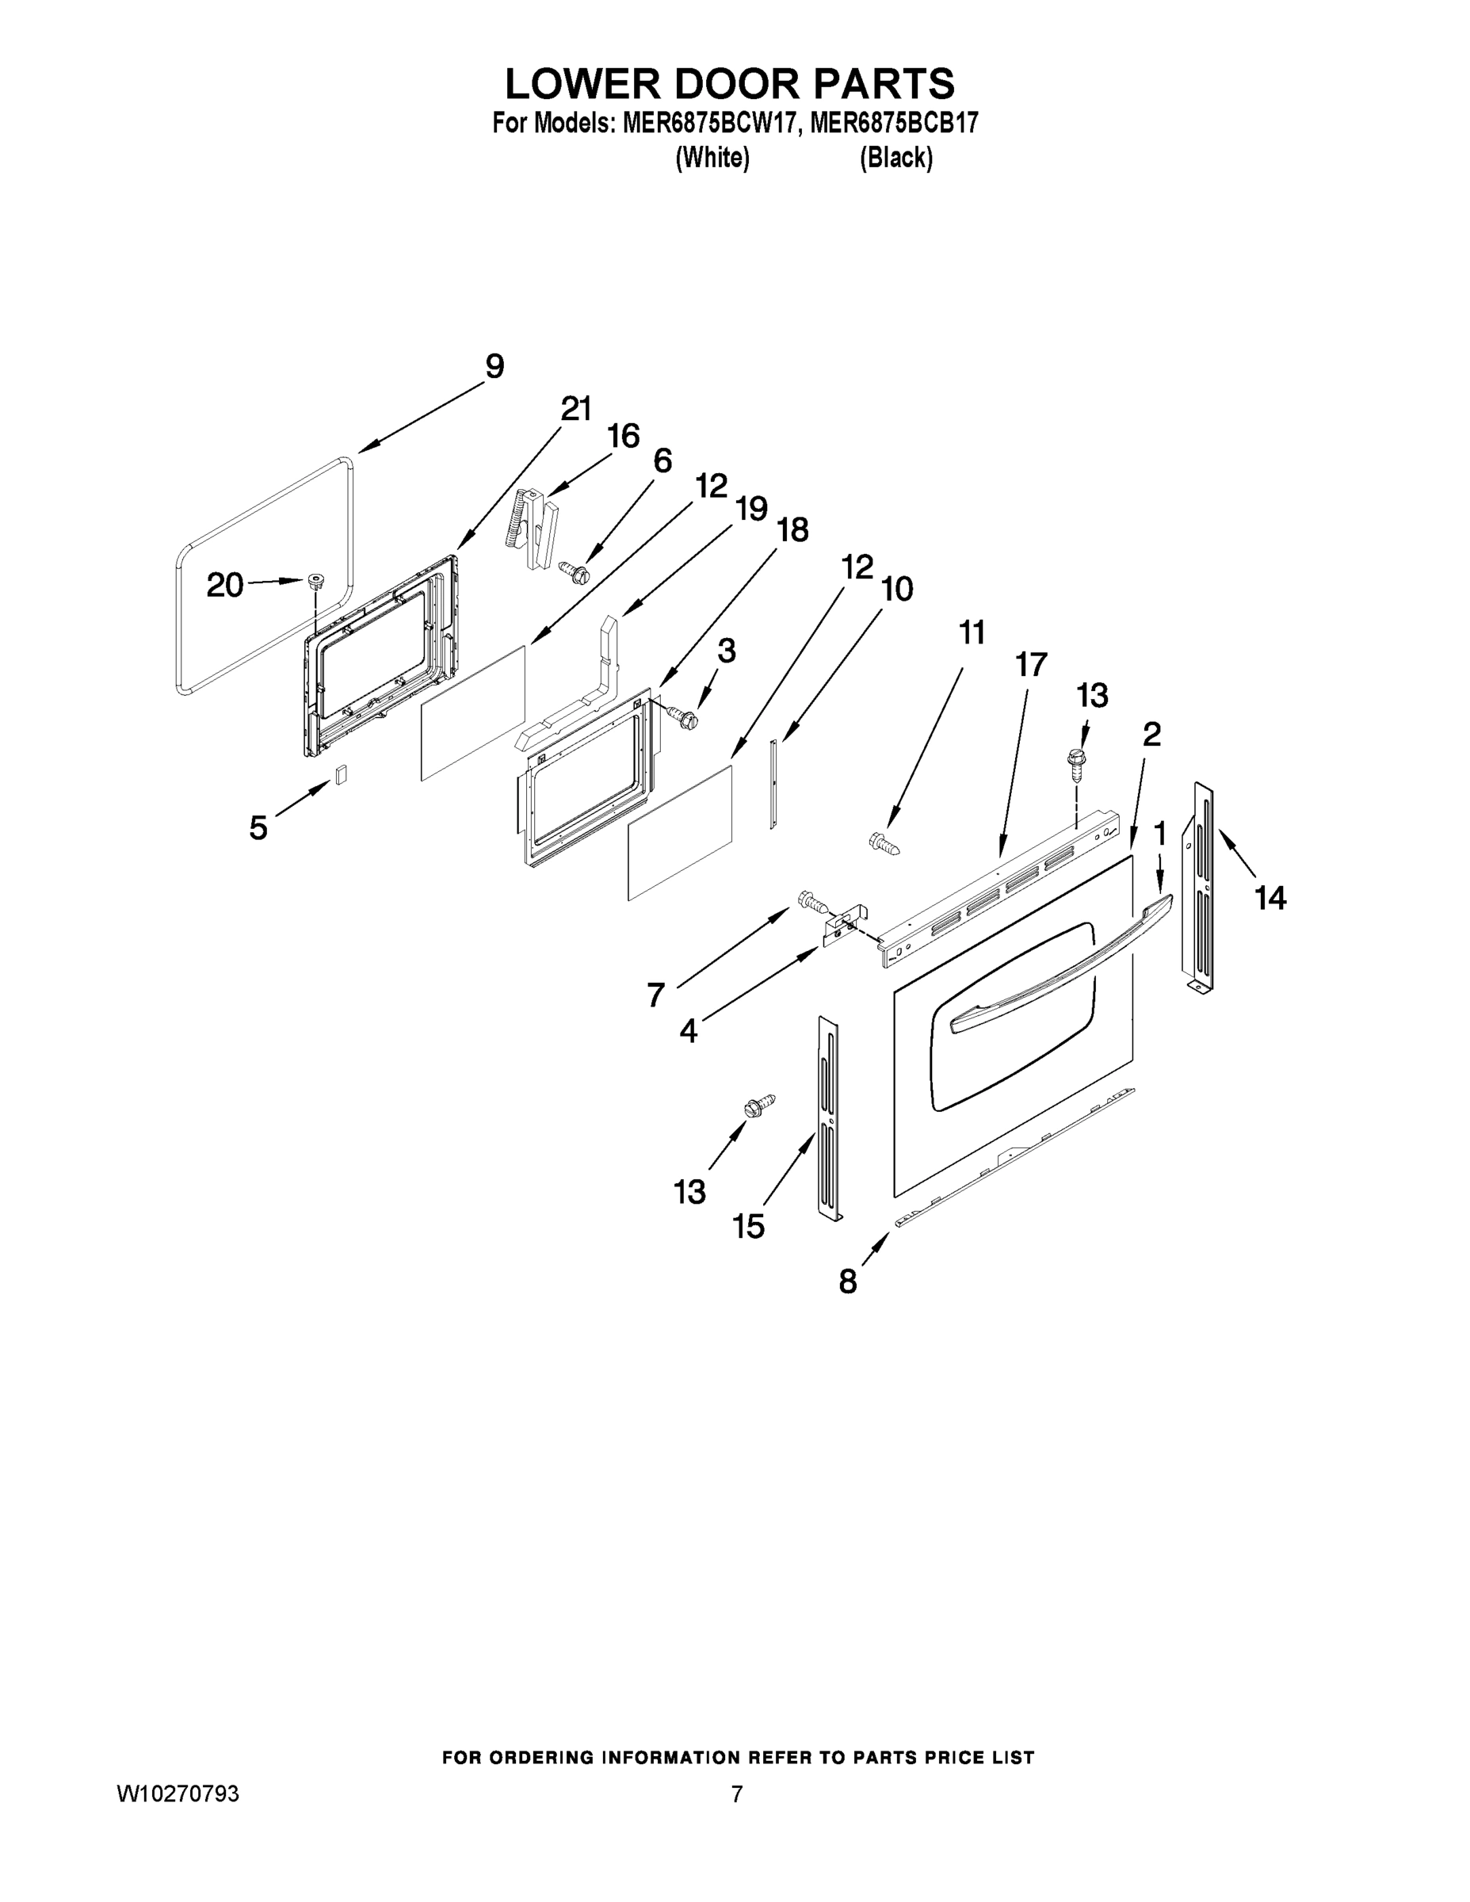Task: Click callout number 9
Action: [494, 367]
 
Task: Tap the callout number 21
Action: [575, 408]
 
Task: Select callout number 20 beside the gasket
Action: [225, 584]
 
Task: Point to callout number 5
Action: [258, 827]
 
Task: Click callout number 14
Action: [1270, 896]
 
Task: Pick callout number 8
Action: [847, 1281]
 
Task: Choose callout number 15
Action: [748, 1226]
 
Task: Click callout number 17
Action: [1030, 664]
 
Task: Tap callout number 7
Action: [655, 994]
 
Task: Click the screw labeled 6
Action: [575, 571]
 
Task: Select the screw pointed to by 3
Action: [684, 716]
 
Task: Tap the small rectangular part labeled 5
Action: [342, 774]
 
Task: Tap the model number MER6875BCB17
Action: [894, 124]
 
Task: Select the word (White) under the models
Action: [712, 158]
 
